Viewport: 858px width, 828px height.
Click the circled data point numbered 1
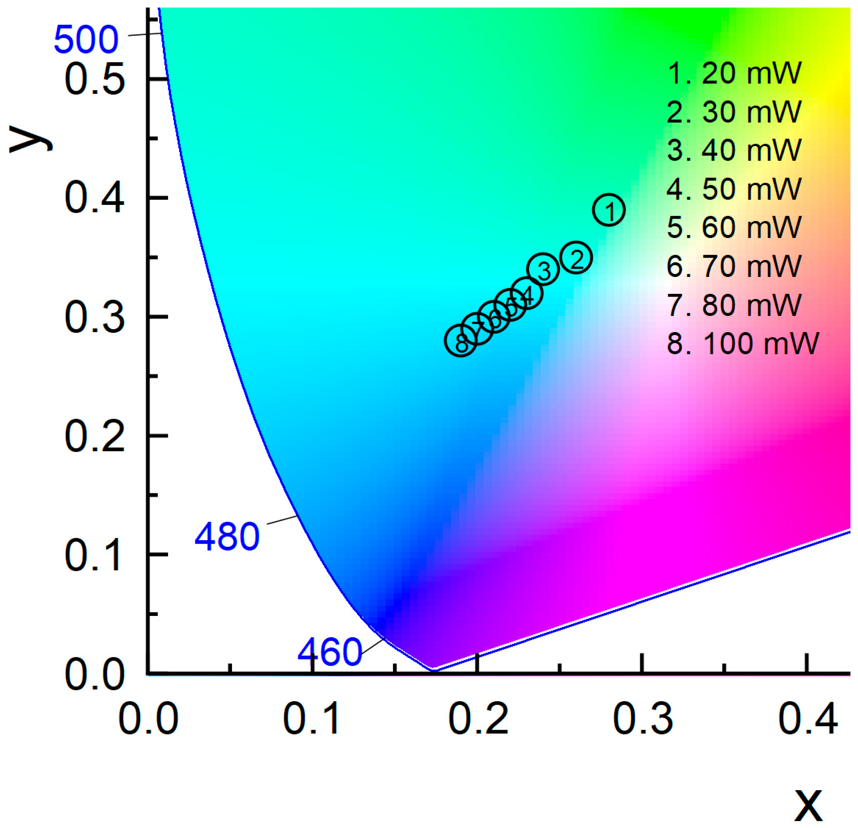(x=609, y=210)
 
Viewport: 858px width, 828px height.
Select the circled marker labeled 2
(x=576, y=257)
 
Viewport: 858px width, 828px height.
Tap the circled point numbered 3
(x=543, y=269)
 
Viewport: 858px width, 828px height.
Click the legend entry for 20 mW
(x=734, y=73)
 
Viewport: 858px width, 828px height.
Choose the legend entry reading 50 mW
(x=734, y=189)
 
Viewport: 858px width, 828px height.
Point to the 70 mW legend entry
(x=734, y=266)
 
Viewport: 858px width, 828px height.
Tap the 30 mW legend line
(x=734, y=112)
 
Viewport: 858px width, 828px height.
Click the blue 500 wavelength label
(x=86, y=40)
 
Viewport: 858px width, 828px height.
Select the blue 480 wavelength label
(x=227, y=537)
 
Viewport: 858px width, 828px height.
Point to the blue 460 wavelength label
(x=330, y=652)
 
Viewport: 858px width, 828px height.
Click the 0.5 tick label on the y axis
(x=95, y=80)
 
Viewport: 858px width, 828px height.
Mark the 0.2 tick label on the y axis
(x=95, y=437)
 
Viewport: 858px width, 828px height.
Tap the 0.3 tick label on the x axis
(x=642, y=719)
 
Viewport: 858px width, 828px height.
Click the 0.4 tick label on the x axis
(x=808, y=719)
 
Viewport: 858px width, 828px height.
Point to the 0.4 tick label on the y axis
(x=95, y=199)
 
